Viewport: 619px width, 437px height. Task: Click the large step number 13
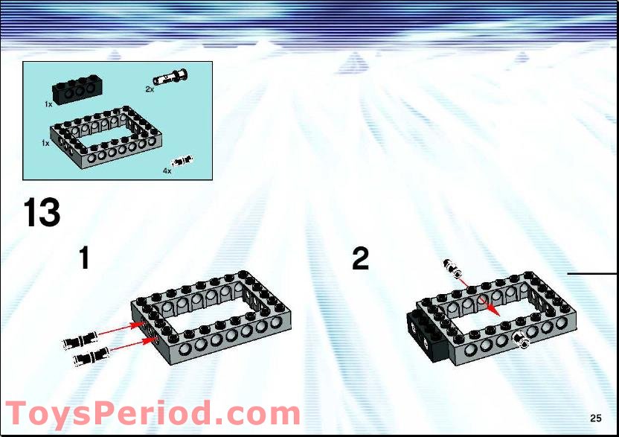click(42, 213)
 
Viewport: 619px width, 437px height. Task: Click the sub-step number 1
click(84, 258)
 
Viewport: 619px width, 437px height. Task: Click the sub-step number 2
click(360, 258)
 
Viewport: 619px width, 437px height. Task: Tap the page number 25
click(596, 418)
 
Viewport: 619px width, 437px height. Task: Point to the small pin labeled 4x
click(182, 161)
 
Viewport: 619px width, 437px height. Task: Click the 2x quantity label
click(150, 89)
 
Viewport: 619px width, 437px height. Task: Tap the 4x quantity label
click(167, 171)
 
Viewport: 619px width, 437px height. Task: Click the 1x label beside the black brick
click(48, 104)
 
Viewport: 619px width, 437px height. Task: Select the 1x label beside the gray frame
click(45, 143)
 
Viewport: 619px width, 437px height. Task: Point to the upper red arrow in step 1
click(120, 329)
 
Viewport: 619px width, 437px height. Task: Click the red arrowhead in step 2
click(493, 310)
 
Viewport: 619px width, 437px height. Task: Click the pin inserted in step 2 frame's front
click(520, 339)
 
